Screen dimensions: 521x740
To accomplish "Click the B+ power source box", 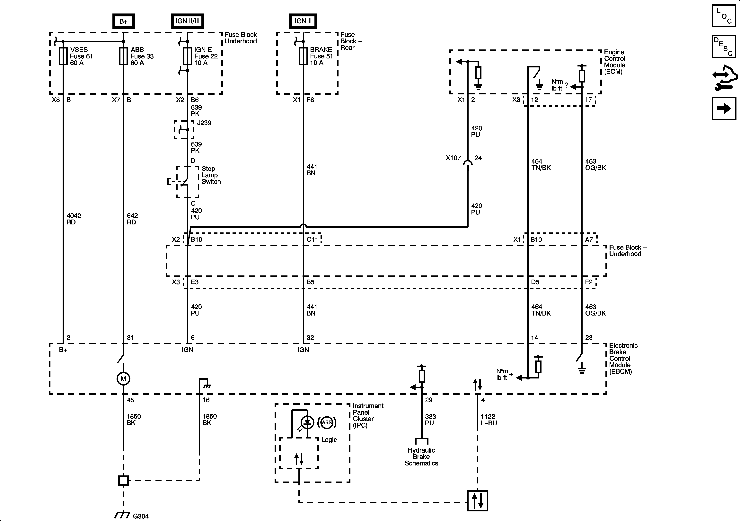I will (123, 21).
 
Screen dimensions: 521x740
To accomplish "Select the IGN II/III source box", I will (187, 21).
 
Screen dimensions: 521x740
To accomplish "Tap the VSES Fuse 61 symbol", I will (63, 56).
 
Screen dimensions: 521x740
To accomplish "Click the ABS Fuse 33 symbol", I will (123, 56).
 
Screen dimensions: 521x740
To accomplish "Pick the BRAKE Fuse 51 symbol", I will (303, 56).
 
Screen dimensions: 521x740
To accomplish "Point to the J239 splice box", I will (184, 130).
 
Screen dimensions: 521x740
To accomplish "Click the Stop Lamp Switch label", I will (211, 175).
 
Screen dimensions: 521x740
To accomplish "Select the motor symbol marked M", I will (123, 379).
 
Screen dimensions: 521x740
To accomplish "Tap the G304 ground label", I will (141, 516).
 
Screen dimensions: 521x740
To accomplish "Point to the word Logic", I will (329, 440).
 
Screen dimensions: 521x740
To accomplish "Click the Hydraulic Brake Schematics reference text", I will (421, 456).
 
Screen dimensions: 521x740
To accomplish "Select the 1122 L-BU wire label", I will (489, 420).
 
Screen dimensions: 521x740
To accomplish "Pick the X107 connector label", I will (453, 158).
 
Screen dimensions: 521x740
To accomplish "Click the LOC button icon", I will (724, 16).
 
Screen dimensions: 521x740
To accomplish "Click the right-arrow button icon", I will (724, 109).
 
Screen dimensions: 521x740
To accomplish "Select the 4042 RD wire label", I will (74, 219).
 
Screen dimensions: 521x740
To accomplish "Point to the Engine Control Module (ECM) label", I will (614, 62).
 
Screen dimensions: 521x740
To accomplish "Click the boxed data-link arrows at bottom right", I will (477, 501).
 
